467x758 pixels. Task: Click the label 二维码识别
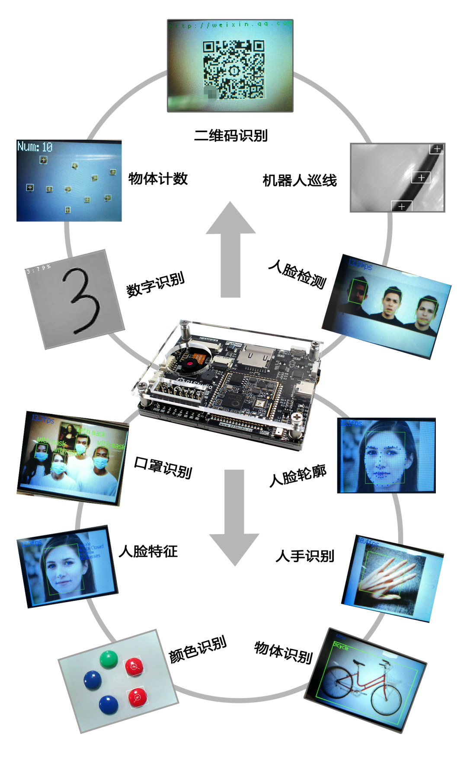[230, 135]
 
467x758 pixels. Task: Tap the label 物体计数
[158, 178]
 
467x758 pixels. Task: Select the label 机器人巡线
[300, 180]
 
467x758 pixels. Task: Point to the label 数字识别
[155, 284]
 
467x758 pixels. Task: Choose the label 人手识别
[305, 556]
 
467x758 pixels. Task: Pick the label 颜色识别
[198, 649]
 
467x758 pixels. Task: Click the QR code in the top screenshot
[233, 69]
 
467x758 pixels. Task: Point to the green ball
[109, 659]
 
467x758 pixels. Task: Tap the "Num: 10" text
[35, 147]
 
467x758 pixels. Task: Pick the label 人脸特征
[148, 551]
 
